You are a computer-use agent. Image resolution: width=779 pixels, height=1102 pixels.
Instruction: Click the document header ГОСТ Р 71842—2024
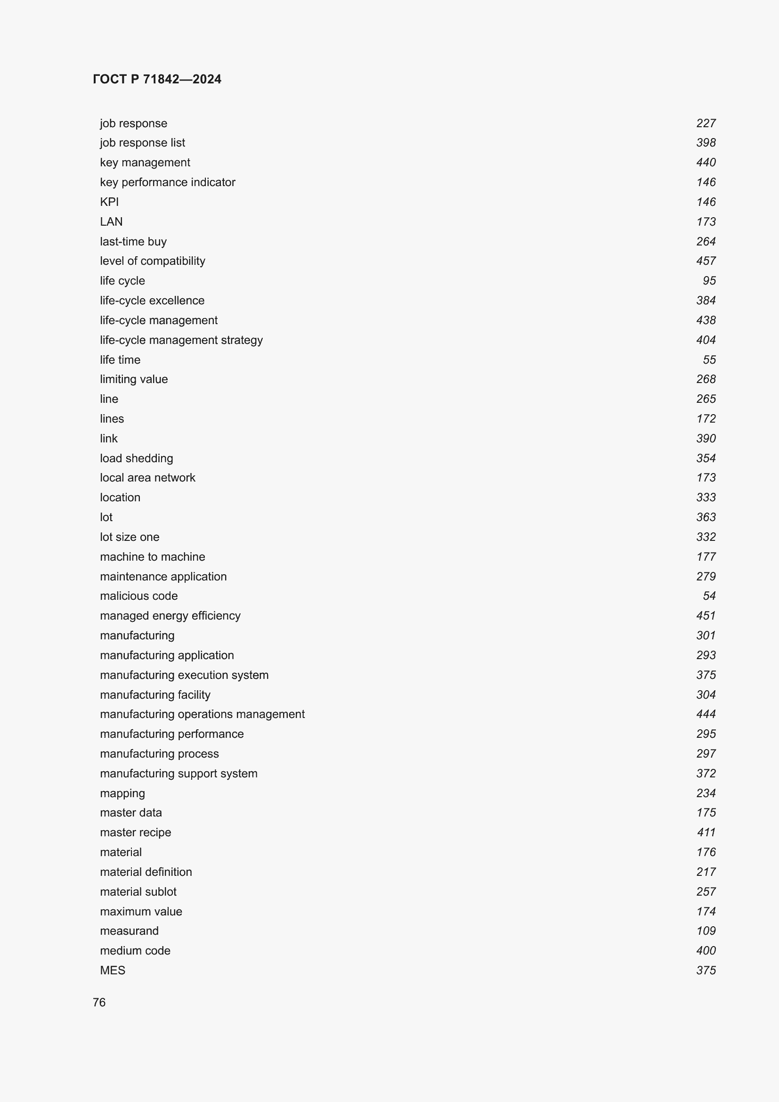tap(157, 79)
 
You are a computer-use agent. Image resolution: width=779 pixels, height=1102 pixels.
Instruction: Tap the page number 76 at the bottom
tap(99, 1002)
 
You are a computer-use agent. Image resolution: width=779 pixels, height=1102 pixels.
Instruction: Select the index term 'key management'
tap(145, 163)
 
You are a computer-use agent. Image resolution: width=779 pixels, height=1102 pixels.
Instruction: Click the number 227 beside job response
tap(706, 123)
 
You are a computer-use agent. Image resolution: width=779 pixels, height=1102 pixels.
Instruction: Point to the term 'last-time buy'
tap(133, 241)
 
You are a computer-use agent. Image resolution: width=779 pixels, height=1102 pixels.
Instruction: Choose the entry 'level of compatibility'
tap(153, 261)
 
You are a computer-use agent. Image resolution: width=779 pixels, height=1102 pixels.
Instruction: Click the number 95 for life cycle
tap(709, 281)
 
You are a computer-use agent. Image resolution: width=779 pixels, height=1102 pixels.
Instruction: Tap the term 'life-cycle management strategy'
tap(181, 340)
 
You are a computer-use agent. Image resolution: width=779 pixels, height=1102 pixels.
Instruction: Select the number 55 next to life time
tap(709, 360)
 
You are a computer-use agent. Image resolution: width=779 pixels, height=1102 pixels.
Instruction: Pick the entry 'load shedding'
tap(136, 458)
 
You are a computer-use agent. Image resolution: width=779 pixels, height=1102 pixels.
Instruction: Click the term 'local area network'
tap(147, 478)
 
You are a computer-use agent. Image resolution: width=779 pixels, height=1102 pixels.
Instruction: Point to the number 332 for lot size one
tap(706, 537)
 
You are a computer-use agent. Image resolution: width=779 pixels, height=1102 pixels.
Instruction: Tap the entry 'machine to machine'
tap(153, 557)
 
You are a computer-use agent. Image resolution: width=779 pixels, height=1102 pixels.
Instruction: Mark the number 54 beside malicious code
tap(709, 596)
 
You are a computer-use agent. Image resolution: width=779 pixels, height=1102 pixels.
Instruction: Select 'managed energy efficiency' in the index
tap(170, 616)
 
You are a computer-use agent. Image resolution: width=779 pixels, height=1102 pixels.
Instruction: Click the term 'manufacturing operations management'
tap(202, 714)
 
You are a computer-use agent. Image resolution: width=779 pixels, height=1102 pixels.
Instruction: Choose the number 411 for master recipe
tap(706, 832)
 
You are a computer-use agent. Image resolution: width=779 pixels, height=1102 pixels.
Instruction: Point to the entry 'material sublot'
tap(138, 892)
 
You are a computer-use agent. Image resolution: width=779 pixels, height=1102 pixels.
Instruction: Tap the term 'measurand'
tap(129, 931)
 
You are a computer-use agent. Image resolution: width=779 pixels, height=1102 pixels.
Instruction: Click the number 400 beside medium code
tap(706, 951)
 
